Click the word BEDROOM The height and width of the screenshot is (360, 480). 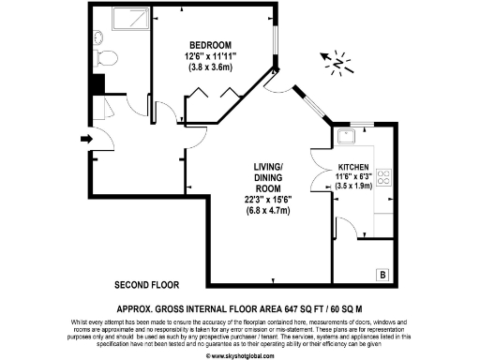(210, 45)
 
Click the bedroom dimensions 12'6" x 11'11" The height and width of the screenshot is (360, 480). (210, 56)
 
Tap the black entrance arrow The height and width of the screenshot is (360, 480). (86, 140)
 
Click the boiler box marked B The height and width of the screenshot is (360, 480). (382, 274)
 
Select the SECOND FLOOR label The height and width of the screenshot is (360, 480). (146, 284)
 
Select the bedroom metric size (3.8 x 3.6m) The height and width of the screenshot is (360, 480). (210, 68)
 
